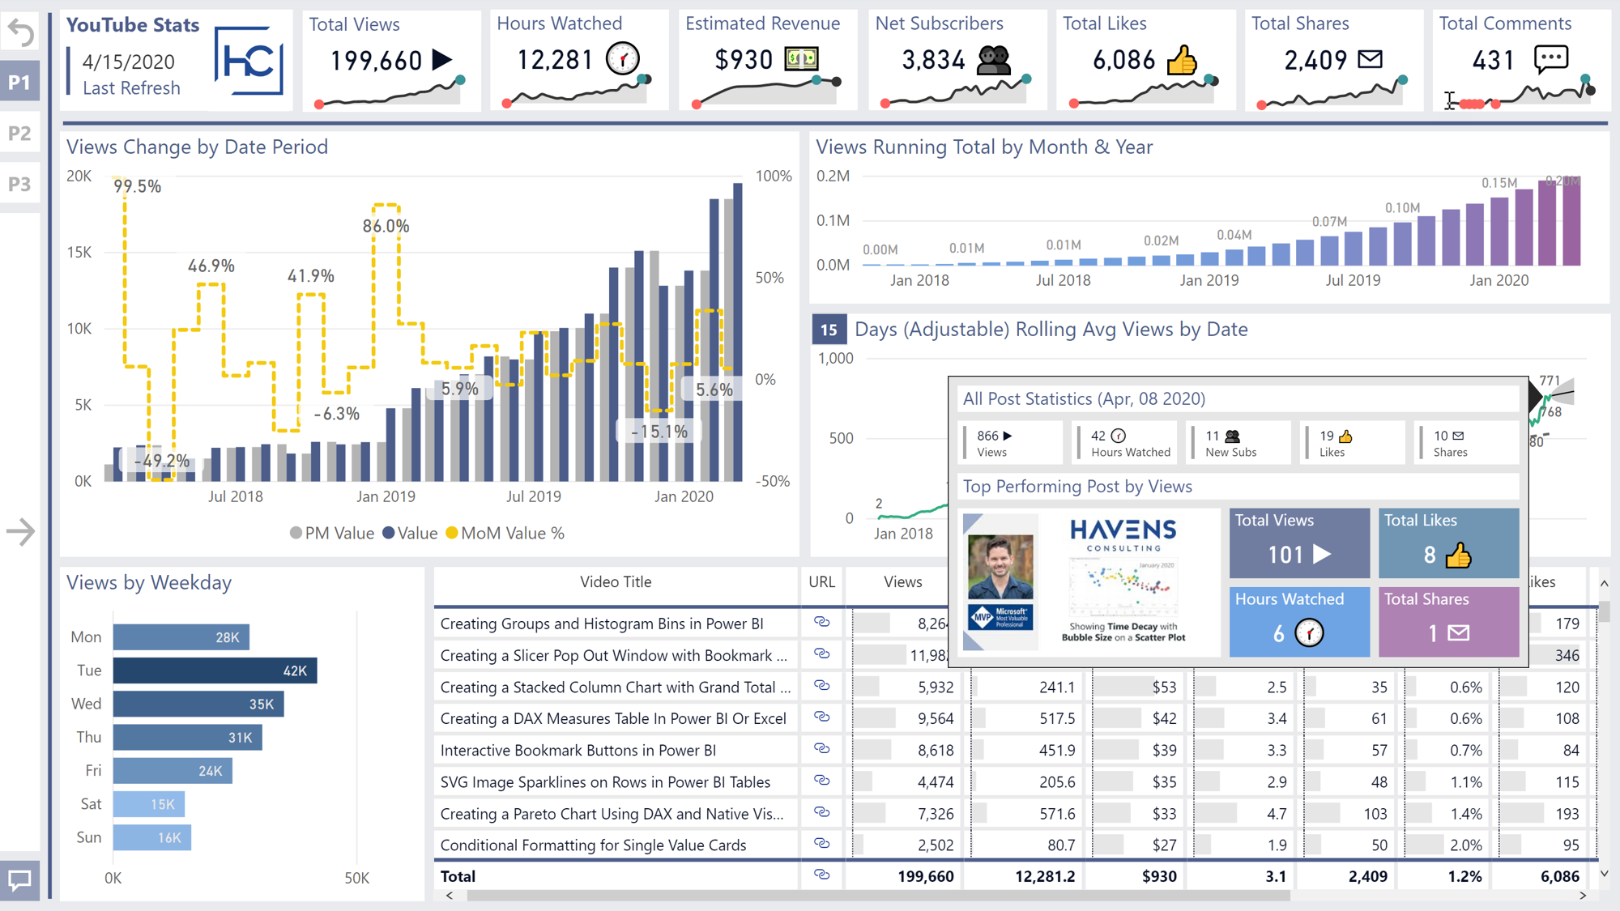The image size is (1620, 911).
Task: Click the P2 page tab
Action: pyautogui.click(x=19, y=133)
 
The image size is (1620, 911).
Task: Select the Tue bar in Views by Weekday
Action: pyautogui.click(x=215, y=670)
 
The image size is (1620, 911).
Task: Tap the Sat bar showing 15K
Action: pyautogui.click(x=149, y=804)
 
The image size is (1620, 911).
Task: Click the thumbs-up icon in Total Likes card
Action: pyautogui.click(x=1182, y=60)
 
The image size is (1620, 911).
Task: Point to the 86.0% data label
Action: pyautogui.click(x=386, y=227)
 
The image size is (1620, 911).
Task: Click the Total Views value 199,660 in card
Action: pyautogui.click(x=377, y=61)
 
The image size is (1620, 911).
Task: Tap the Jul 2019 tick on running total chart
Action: pyautogui.click(x=1353, y=280)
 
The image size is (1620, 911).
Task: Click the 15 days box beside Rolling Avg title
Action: pyautogui.click(x=829, y=330)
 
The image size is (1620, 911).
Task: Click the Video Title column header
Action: pyautogui.click(x=616, y=582)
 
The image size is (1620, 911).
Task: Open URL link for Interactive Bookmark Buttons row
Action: pyautogui.click(x=821, y=749)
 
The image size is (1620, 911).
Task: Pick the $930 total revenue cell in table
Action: pyautogui.click(x=1159, y=876)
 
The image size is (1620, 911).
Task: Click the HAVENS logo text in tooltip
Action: pyautogui.click(x=1123, y=531)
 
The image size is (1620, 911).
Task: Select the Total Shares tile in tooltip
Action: pyautogui.click(x=1448, y=621)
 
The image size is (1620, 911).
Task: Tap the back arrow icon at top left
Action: pyautogui.click(x=20, y=32)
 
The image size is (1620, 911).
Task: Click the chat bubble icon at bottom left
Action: pyautogui.click(x=19, y=880)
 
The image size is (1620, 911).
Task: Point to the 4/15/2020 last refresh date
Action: pyautogui.click(x=129, y=62)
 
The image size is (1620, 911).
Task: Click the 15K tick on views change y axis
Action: pyautogui.click(x=79, y=253)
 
